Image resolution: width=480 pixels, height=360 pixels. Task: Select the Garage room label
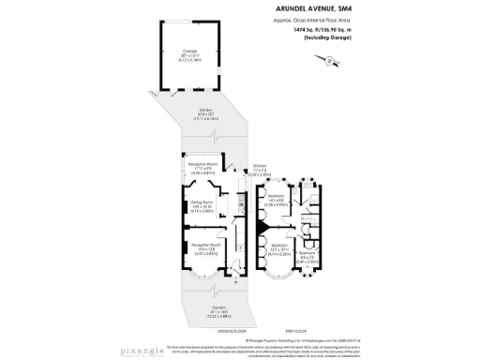pyautogui.click(x=190, y=55)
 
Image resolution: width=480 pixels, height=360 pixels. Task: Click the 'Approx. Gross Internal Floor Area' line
pyautogui.click(x=333, y=22)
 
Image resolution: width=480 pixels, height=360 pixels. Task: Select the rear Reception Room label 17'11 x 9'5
pyautogui.click(x=203, y=170)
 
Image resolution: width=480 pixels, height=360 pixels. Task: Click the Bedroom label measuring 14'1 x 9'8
pyautogui.click(x=276, y=199)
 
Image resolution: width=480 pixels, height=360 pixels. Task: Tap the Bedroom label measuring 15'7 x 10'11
pyautogui.click(x=275, y=251)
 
